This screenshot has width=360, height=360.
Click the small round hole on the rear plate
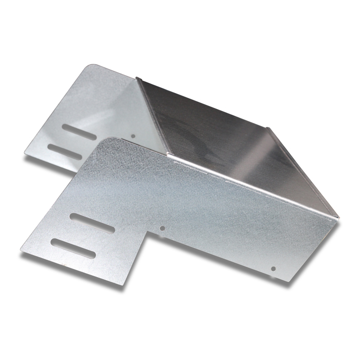[x=133, y=136]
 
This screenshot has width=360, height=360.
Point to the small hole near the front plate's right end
[x=273, y=268]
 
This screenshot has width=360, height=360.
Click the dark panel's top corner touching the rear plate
[x=137, y=78]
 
